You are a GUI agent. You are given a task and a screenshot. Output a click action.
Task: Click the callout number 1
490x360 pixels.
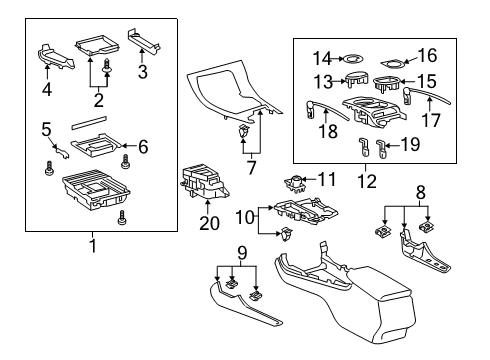pos(93,245)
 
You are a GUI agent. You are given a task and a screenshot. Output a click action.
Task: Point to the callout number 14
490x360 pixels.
pos(321,59)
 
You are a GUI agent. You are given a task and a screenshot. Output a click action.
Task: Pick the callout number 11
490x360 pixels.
pos(327,179)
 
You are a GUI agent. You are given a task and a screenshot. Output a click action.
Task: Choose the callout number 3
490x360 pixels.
pos(143,72)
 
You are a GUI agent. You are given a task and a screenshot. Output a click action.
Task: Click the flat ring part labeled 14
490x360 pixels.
pos(352,59)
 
